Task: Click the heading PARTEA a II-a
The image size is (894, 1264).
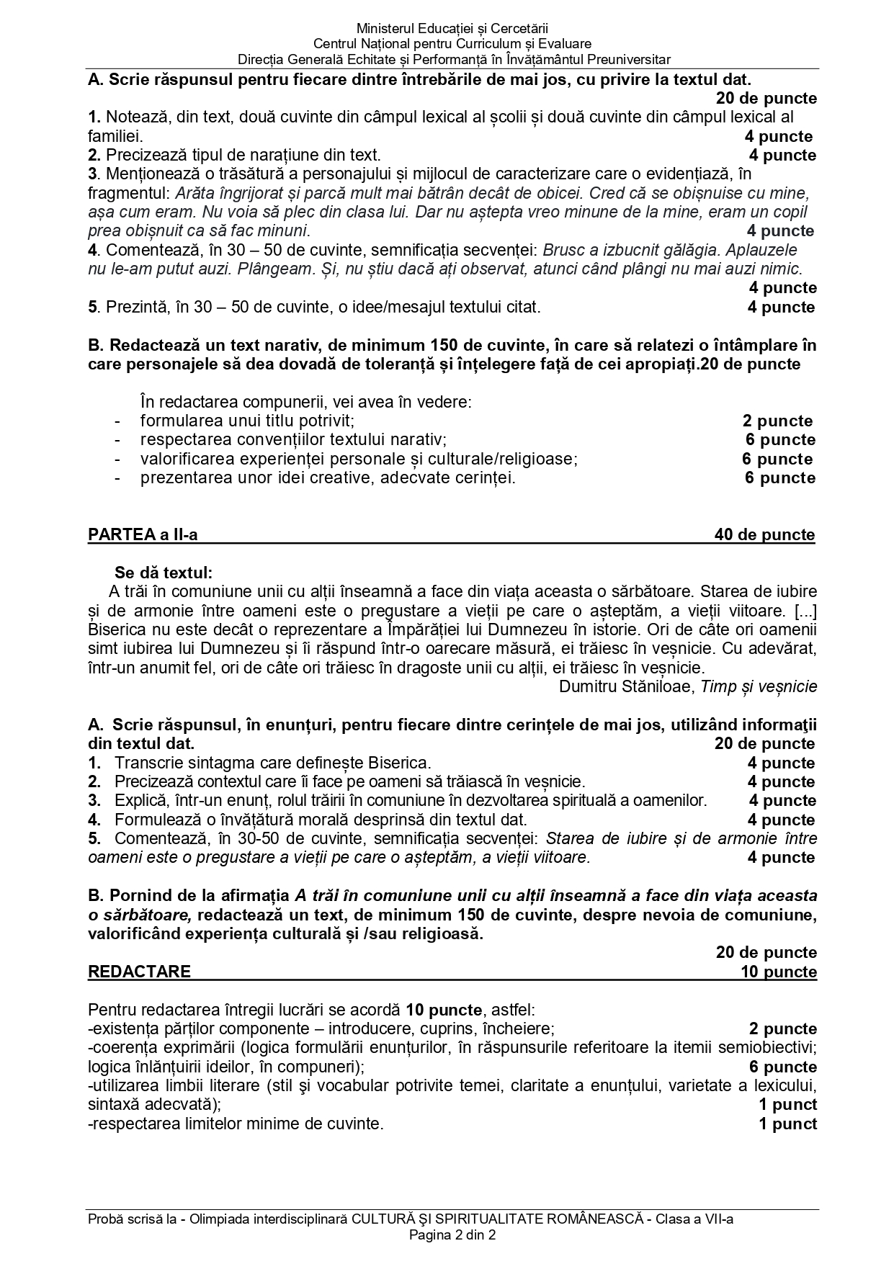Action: (143, 534)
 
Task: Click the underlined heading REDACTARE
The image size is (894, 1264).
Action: (139, 972)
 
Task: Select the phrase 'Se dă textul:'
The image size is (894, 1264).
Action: (164, 573)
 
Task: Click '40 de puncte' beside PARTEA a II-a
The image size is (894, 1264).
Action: (764, 534)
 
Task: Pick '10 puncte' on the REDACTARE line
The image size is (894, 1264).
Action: (779, 972)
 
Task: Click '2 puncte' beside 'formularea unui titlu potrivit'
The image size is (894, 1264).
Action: (777, 421)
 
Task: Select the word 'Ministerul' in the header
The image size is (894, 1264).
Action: (385, 29)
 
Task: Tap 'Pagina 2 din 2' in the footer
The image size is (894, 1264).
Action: (452, 1235)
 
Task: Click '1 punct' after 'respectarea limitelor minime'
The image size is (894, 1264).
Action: (787, 1124)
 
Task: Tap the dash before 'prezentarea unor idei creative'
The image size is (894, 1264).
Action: (117, 478)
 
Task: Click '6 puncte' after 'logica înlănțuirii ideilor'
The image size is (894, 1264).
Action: (783, 1067)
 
